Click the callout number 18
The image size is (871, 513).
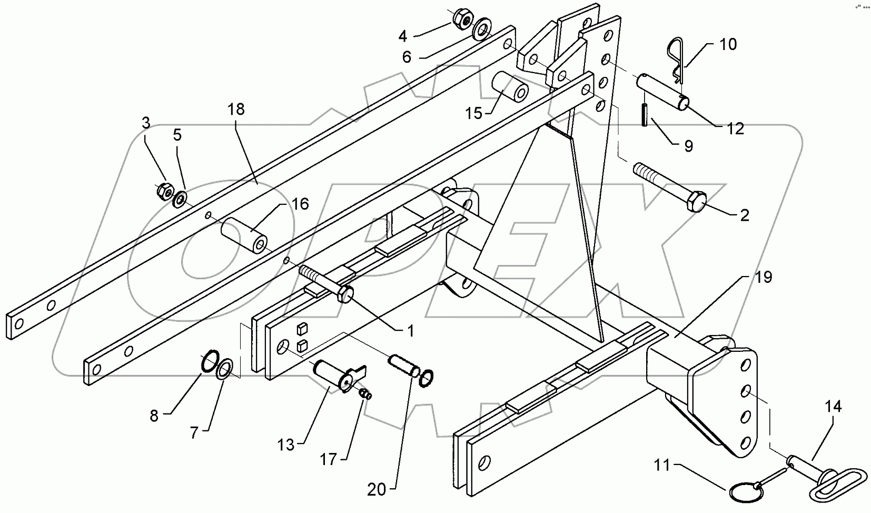236,110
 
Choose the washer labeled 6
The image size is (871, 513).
481,31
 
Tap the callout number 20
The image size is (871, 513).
377,490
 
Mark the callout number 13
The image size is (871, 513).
286,446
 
